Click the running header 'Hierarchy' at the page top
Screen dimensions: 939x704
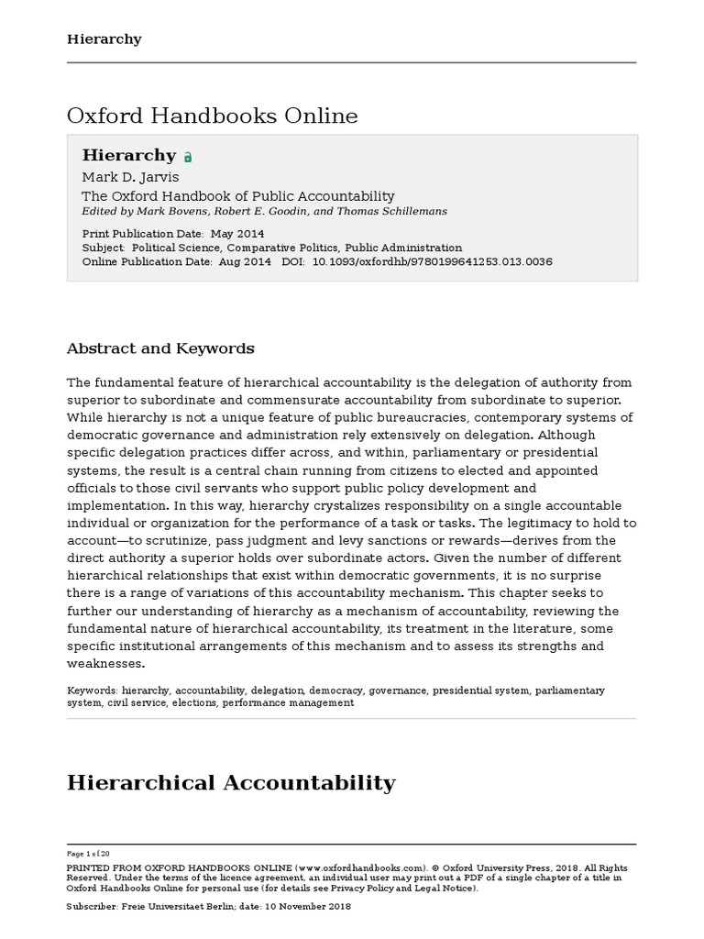pyautogui.click(x=104, y=39)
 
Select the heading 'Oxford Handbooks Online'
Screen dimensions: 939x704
pyautogui.click(x=212, y=116)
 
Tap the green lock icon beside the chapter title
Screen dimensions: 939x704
pyautogui.click(x=188, y=158)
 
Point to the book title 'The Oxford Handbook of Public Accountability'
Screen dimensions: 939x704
pyautogui.click(x=238, y=196)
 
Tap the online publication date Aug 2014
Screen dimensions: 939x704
pyautogui.click(x=245, y=261)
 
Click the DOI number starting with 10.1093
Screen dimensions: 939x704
pyautogui.click(x=433, y=261)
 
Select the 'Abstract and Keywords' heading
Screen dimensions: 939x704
pyautogui.click(x=160, y=348)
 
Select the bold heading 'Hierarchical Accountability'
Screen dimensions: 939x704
pyautogui.click(x=231, y=782)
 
